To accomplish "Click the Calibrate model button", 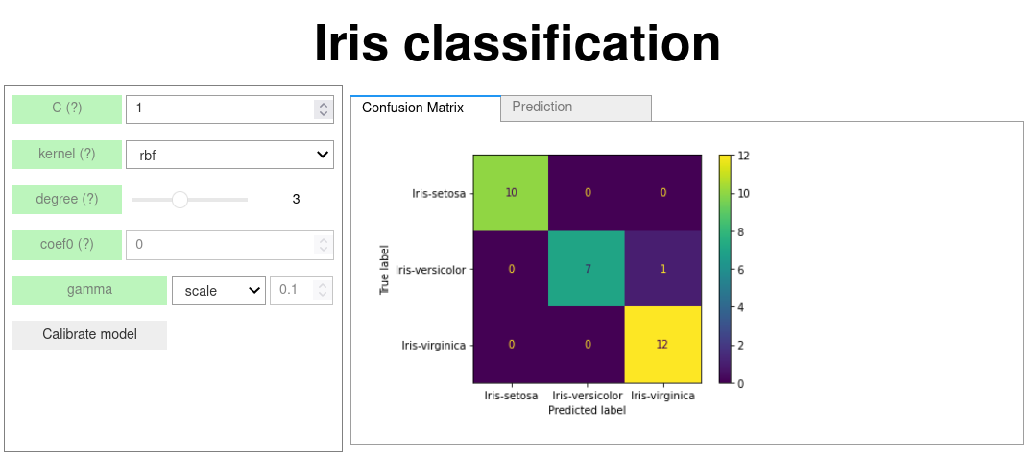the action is [89, 334].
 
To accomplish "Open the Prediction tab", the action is [576, 108].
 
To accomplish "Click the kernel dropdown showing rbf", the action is [229, 155].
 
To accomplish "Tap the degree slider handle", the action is [180, 200].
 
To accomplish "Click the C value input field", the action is [229, 108].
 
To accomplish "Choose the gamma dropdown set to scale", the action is [219, 290].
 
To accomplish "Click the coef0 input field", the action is [229, 245].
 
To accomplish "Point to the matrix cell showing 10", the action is [511, 193].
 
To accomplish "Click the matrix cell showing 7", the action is [587, 269].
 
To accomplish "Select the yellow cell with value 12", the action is [662, 345].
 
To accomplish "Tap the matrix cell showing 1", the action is [662, 269].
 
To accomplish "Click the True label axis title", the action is [383, 269].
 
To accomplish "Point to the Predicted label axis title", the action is [587, 410].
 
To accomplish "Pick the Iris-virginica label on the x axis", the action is [662, 396].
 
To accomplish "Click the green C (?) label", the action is [67, 108].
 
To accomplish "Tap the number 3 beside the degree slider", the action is [296, 199].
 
